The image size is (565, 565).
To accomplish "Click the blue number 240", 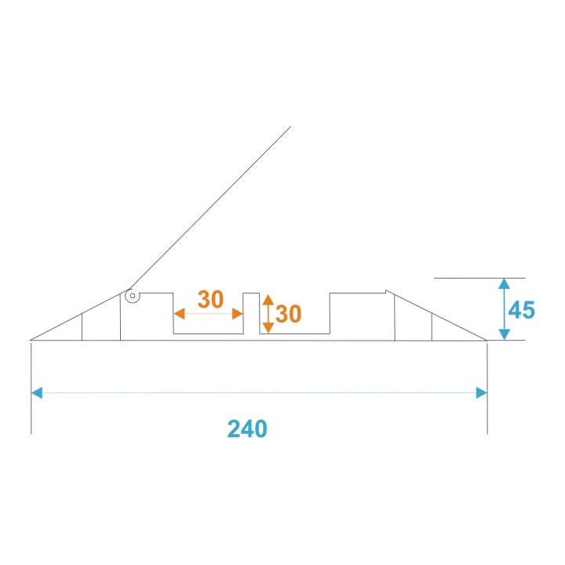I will click(x=247, y=428).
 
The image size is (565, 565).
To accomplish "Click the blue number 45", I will click(x=521, y=310).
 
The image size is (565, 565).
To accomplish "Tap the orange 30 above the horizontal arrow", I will click(x=210, y=299).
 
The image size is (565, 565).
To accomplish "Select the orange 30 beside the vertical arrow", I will click(x=289, y=315).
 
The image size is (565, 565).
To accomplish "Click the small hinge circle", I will click(x=133, y=297).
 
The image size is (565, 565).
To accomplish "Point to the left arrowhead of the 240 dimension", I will click(x=36, y=392).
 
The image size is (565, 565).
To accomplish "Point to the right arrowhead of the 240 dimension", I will click(x=482, y=392).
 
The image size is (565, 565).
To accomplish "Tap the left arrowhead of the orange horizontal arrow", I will click(x=178, y=314).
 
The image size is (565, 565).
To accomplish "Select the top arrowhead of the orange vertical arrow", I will click(x=268, y=300).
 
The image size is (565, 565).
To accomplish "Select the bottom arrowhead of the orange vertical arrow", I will click(x=268, y=328).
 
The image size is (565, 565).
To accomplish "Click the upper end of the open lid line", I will click(x=290, y=127).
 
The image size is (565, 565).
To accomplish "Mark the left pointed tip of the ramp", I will click(x=31, y=340).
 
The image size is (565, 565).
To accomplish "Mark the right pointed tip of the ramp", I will click(x=487, y=340).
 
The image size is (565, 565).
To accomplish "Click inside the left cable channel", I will click(x=208, y=323).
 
